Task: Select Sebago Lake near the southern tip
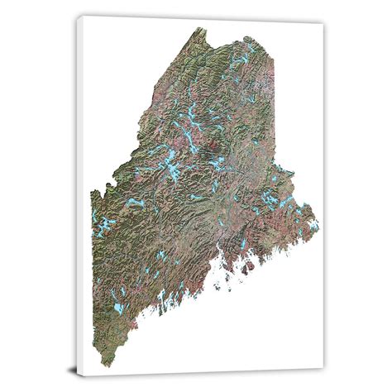[x=119, y=308]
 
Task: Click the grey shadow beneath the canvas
[x=207, y=379]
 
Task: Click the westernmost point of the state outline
[x=92, y=198]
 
